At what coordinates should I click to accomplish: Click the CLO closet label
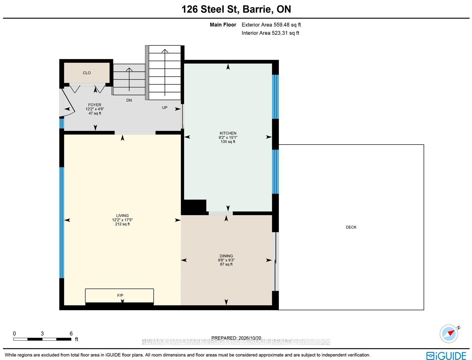pos(87,73)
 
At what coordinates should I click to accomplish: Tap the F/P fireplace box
pos(119,296)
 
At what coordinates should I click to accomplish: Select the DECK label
pos(351,227)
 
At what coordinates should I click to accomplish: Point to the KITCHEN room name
pos(228,133)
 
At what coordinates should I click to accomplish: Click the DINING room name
pos(226,256)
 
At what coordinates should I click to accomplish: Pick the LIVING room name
pos(122,215)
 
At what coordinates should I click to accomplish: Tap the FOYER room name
pos(95,105)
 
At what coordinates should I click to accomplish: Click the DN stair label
pos(129,100)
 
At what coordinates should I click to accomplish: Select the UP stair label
pos(165,107)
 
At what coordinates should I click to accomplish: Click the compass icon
pos(449,333)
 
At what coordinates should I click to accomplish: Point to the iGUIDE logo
pos(446,356)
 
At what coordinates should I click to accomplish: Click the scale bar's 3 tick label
pos(42,333)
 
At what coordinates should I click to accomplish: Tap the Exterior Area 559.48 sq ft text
pos(271,25)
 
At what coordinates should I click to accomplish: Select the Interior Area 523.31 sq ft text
pos(270,33)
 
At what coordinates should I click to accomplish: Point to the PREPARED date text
pos(236,338)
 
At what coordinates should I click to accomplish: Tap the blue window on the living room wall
pos(62,222)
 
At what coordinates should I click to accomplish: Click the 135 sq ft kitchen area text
pos(228,142)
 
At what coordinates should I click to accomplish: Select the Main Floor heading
pos(223,25)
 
